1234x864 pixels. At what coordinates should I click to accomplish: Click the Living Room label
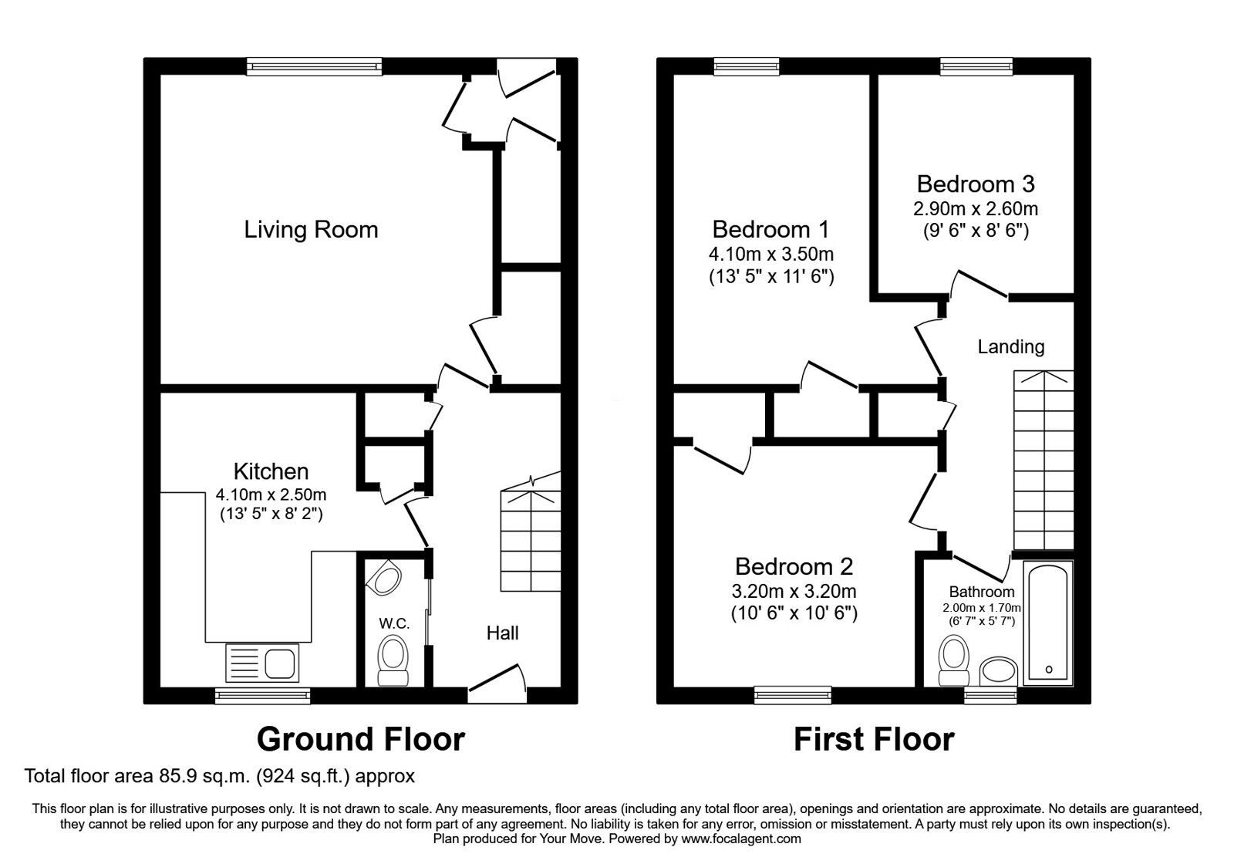pyautogui.click(x=311, y=229)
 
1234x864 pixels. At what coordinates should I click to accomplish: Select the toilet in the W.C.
pyautogui.click(x=394, y=659)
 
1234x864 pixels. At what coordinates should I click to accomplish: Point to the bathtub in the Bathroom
pyautogui.click(x=1047, y=622)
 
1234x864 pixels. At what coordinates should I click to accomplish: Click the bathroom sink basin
pyautogui.click(x=999, y=670)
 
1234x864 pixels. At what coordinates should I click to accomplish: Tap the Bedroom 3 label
pyautogui.click(x=976, y=184)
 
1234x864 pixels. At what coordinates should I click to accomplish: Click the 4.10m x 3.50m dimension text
pyautogui.click(x=771, y=254)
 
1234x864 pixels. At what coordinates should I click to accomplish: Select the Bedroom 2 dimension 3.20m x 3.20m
pyautogui.click(x=794, y=592)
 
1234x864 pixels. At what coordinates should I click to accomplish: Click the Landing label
pyautogui.click(x=1010, y=346)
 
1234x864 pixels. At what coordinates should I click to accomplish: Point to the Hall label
pyautogui.click(x=502, y=633)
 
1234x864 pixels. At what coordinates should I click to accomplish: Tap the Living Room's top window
pyautogui.click(x=315, y=67)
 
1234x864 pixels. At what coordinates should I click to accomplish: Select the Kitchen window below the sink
pyautogui.click(x=262, y=695)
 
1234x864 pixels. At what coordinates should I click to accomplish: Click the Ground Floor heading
pyautogui.click(x=360, y=739)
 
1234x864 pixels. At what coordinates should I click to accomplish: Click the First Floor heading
pyautogui.click(x=874, y=739)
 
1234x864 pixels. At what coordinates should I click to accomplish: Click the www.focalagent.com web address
pyautogui.click(x=740, y=839)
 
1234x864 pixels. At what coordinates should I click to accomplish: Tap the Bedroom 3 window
pyautogui.click(x=976, y=67)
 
